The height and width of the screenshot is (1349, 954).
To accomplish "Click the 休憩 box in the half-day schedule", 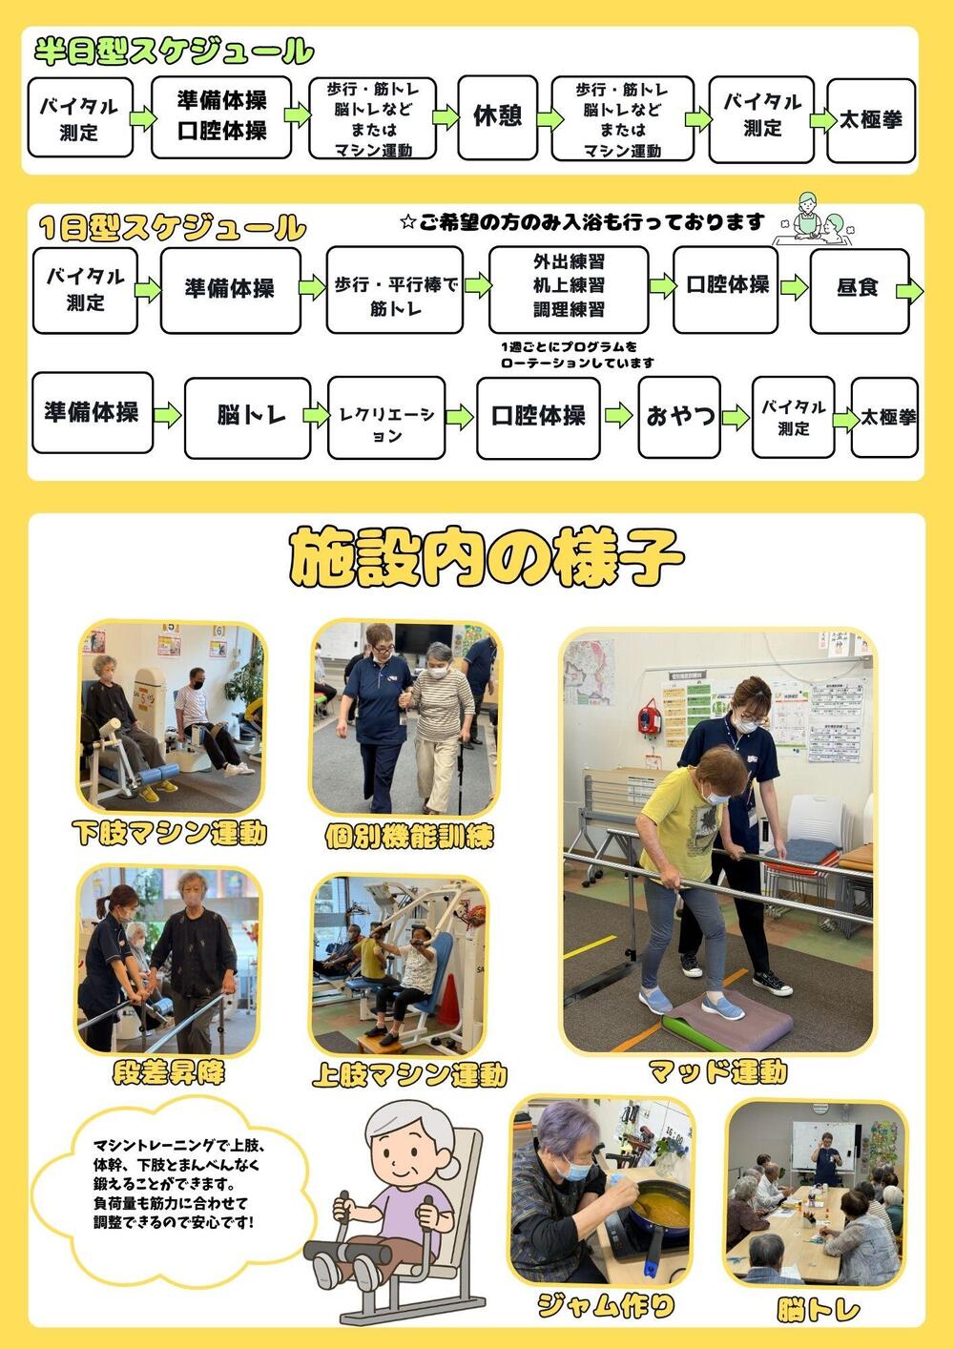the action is click(497, 117).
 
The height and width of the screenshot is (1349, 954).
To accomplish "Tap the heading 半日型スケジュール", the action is click(174, 51).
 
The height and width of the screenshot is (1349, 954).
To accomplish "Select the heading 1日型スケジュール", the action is click(173, 227).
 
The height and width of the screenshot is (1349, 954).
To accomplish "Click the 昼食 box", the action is click(859, 291).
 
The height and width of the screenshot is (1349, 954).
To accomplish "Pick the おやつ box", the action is click(679, 417).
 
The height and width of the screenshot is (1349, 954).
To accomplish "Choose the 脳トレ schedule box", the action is click(247, 418).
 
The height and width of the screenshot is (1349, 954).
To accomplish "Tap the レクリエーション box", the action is click(386, 418).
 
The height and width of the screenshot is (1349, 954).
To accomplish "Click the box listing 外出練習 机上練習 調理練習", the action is click(569, 290).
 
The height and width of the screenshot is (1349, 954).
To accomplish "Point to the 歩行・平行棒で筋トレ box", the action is click(395, 290).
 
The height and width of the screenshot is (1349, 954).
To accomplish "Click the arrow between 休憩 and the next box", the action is click(550, 118).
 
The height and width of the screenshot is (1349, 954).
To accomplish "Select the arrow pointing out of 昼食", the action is click(909, 292).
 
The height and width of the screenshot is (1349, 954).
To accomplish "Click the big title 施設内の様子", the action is click(486, 558).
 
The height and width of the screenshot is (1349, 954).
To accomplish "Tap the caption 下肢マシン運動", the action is click(169, 833).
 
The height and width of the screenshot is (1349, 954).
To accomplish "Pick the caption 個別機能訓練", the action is click(409, 836).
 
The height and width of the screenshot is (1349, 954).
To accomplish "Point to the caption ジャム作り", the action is click(605, 1305).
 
